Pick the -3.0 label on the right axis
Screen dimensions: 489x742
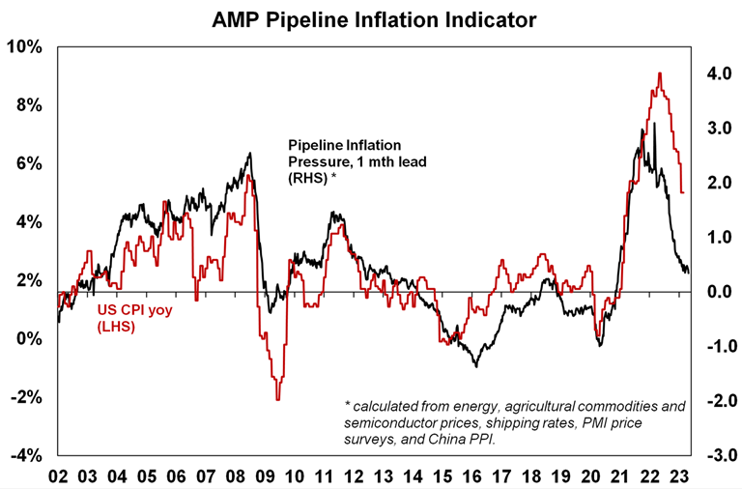(716, 455)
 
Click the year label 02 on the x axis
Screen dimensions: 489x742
(59, 476)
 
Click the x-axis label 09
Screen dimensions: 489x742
(267, 476)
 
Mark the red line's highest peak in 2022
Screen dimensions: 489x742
(659, 73)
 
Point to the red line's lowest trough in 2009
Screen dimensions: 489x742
(277, 399)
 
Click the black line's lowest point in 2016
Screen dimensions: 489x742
(475, 366)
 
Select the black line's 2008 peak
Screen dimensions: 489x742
(250, 153)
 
